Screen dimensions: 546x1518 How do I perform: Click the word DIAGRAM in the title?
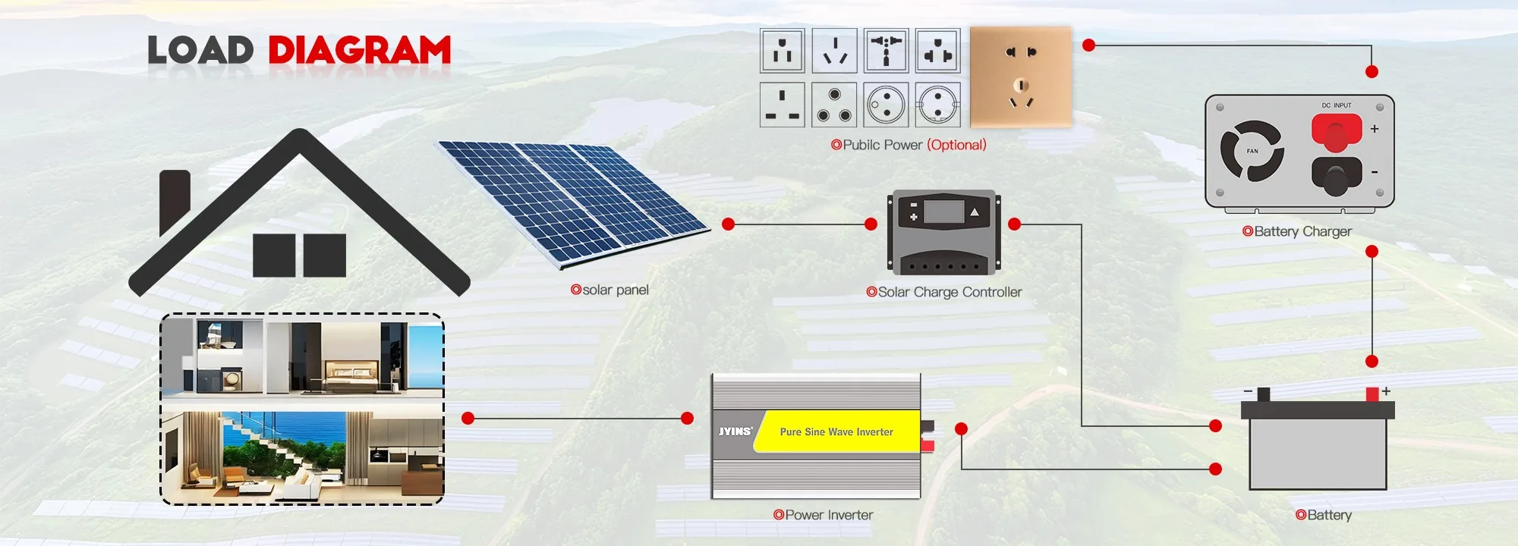pos(360,51)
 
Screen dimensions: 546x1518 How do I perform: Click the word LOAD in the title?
pos(200,51)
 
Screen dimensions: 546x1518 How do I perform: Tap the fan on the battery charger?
pos(1252,151)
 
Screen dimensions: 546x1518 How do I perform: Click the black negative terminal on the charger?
pos(1336,175)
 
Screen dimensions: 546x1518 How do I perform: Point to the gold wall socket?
pos(1021,77)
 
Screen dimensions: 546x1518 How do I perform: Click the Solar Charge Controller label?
pos(950,292)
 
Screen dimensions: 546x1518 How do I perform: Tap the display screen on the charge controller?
pos(943,212)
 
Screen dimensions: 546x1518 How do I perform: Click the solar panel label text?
pos(615,290)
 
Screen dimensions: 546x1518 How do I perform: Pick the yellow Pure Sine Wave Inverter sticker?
pos(836,431)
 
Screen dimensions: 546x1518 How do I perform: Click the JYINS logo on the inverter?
pos(735,431)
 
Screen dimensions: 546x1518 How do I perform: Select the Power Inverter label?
pos(829,515)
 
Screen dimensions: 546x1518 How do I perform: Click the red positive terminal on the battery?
pos(1372,394)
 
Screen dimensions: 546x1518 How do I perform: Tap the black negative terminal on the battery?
pos(1264,394)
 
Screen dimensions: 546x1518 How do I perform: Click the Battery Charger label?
pos(1302,231)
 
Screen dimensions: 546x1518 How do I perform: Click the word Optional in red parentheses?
pos(956,145)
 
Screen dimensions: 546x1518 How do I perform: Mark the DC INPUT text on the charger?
pos(1337,105)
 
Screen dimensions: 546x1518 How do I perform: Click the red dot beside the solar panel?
pos(729,224)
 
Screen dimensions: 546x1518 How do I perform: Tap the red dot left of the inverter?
pos(688,418)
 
